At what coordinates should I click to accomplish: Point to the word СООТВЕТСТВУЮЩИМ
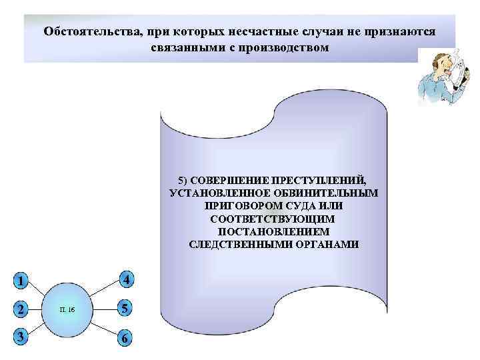coord(273,219)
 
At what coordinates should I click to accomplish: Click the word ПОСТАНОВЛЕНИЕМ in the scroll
coord(273,231)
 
